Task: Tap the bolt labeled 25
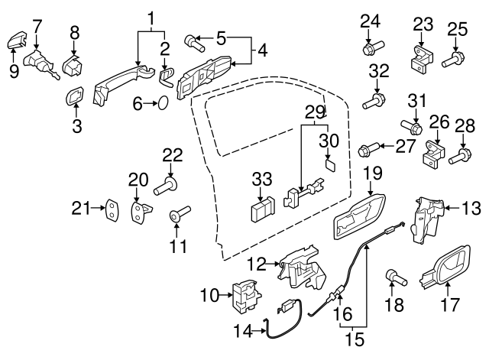[x=453, y=57]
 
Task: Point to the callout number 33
[x=261, y=180]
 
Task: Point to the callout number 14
[x=243, y=332]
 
